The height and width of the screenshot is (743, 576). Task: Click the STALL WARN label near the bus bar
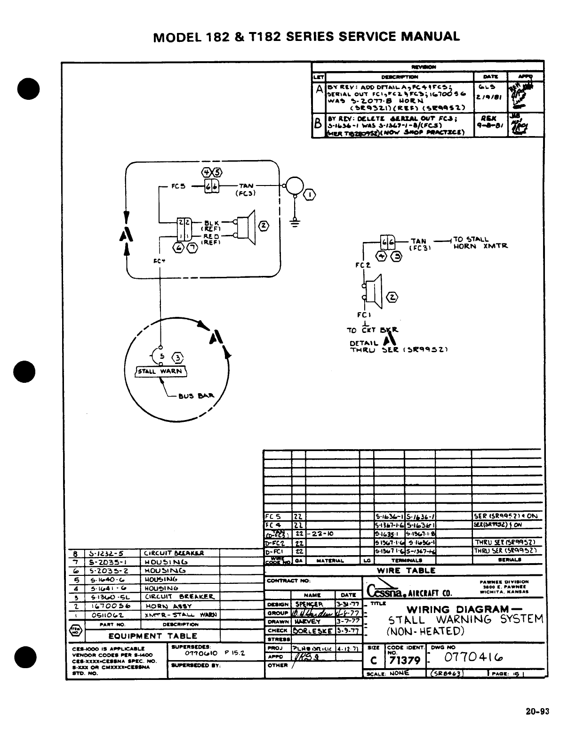(161, 371)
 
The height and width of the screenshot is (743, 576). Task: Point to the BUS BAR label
(196, 396)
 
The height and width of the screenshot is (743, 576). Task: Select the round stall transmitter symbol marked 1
(294, 185)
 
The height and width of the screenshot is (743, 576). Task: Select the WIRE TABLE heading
(407, 570)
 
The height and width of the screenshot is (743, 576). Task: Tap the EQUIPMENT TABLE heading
(146, 636)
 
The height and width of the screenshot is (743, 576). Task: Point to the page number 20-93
(537, 711)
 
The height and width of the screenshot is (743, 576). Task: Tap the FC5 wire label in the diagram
(178, 186)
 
